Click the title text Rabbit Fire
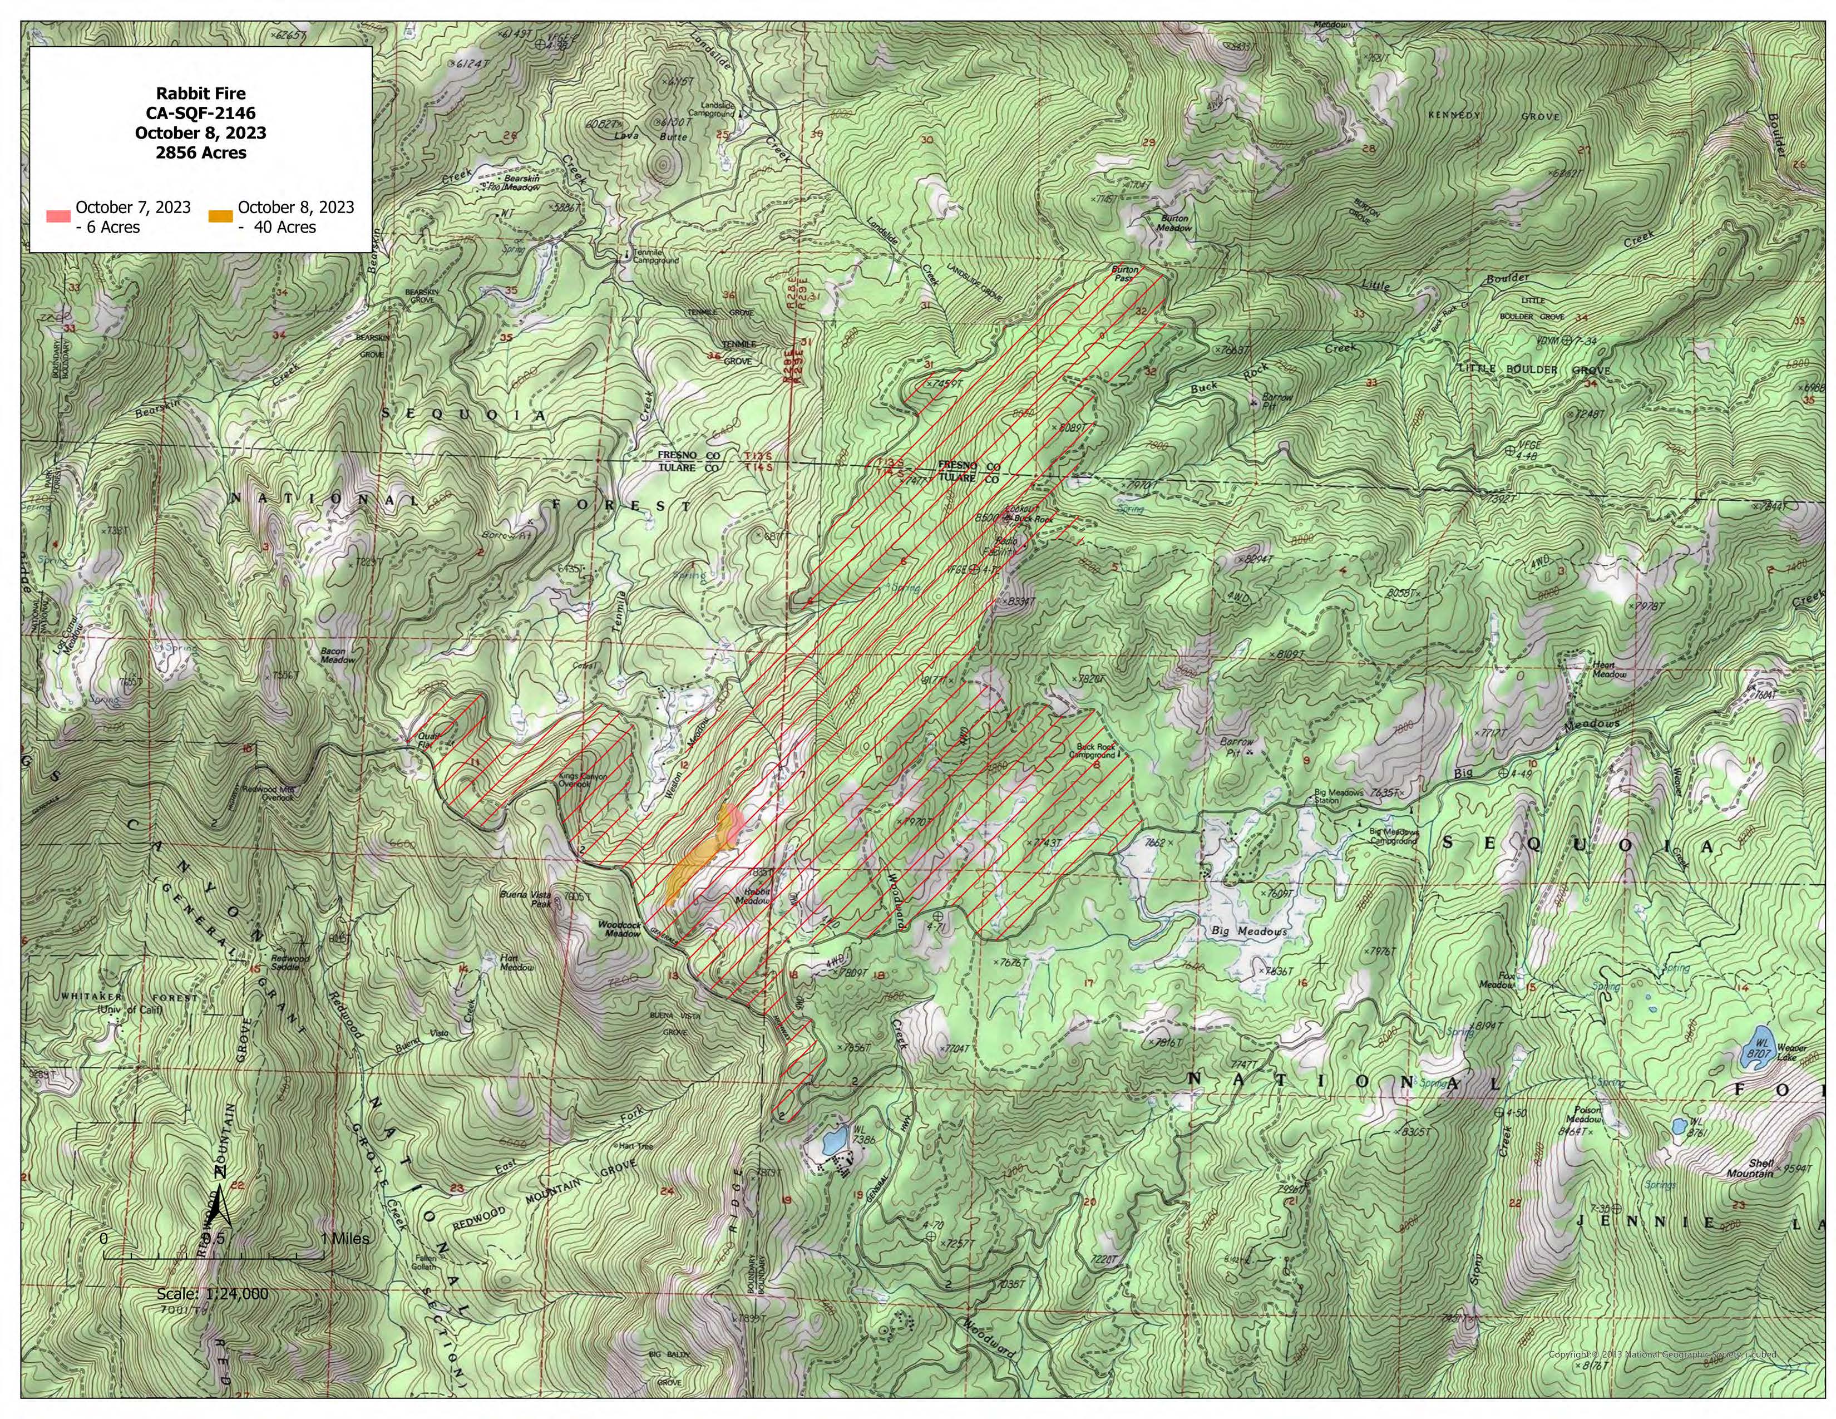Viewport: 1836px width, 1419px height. (x=201, y=93)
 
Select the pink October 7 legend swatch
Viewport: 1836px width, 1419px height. (x=58, y=216)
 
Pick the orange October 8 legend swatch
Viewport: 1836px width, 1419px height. (x=220, y=216)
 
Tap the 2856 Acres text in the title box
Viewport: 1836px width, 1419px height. (x=201, y=153)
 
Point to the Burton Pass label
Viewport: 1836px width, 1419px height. (x=1125, y=274)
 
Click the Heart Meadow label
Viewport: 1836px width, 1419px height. (x=1609, y=669)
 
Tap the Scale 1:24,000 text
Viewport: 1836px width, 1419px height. (x=213, y=1294)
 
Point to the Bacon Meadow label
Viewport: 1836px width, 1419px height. (x=337, y=655)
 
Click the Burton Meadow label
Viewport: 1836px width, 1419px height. (x=1175, y=223)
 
